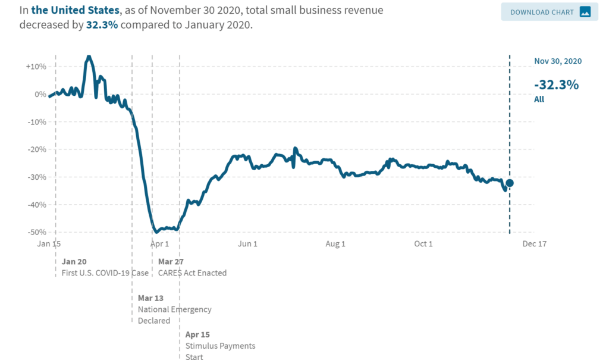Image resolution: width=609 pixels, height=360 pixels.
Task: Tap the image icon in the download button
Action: (585, 12)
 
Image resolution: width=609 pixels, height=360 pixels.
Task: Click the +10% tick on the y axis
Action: (36, 66)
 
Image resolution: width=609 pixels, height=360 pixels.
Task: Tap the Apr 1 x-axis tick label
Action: (159, 244)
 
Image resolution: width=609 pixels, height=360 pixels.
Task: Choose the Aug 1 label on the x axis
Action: (335, 244)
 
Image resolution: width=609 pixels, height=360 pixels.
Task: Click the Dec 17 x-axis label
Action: (534, 244)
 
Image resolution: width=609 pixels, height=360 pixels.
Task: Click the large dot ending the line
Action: (510, 183)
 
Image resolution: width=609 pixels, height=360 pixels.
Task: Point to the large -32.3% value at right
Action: (556, 84)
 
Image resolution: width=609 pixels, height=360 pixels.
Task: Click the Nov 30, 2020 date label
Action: (557, 61)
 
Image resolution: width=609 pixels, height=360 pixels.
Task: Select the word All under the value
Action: (539, 99)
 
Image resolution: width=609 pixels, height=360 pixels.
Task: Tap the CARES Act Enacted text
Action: (192, 273)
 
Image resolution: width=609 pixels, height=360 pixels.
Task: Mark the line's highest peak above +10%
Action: (89, 57)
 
